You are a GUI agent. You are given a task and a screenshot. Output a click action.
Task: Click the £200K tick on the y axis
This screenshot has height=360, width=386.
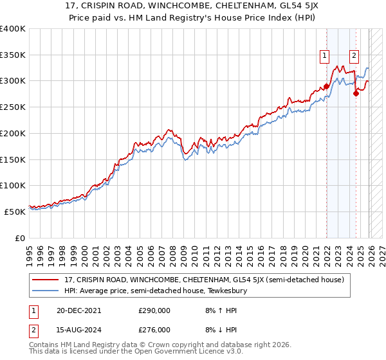(x=13, y=133)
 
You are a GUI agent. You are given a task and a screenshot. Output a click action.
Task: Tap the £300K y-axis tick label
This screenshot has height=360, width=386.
(x=13, y=81)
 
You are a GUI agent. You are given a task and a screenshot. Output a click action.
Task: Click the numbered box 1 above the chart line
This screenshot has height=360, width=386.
(x=326, y=56)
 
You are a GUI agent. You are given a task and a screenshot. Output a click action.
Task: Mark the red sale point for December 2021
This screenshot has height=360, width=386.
(x=326, y=86)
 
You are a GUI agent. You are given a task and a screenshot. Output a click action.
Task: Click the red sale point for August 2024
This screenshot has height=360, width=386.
(x=356, y=93)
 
